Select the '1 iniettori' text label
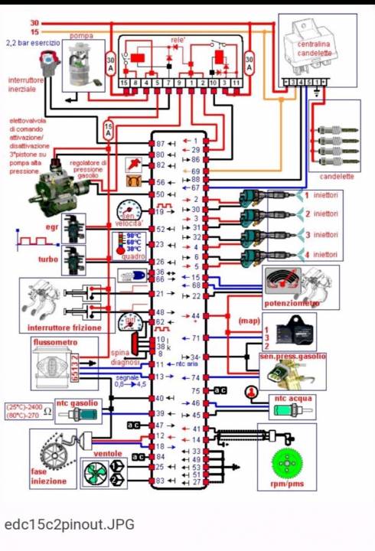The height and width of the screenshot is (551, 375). click(321, 195)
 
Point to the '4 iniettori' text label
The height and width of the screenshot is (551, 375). click(321, 254)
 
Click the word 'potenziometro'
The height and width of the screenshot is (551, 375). click(292, 304)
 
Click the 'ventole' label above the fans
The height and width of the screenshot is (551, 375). click(108, 453)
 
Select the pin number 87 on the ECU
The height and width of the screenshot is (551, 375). click(160, 143)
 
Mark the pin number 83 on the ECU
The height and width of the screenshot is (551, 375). click(160, 481)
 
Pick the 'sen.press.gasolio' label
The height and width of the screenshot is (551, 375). click(292, 356)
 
